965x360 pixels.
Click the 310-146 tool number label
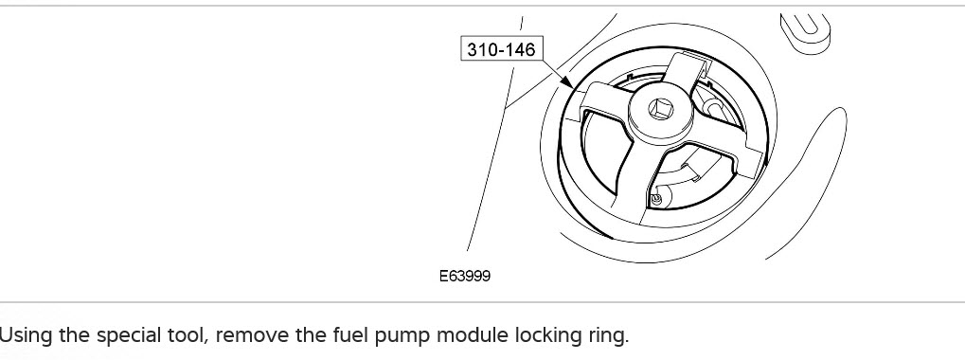tap(501, 49)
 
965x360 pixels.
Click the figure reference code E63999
tap(465, 276)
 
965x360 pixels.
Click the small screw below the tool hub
tap(656, 199)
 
